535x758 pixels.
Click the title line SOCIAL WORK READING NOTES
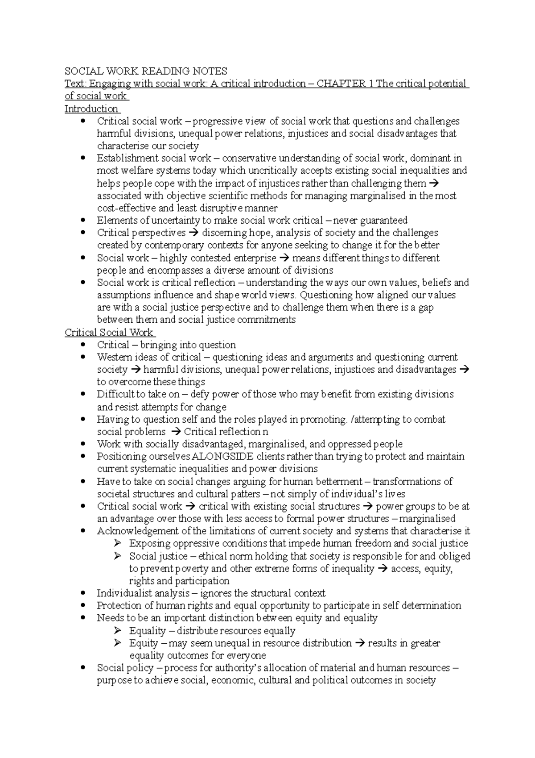(x=146, y=71)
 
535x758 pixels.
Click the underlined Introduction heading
(x=91, y=109)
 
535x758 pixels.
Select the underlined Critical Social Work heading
(x=109, y=333)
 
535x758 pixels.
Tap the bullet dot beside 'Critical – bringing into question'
(x=82, y=345)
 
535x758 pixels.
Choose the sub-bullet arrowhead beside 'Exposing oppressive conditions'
(x=118, y=543)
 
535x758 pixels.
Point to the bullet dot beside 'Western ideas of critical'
(x=82, y=358)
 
